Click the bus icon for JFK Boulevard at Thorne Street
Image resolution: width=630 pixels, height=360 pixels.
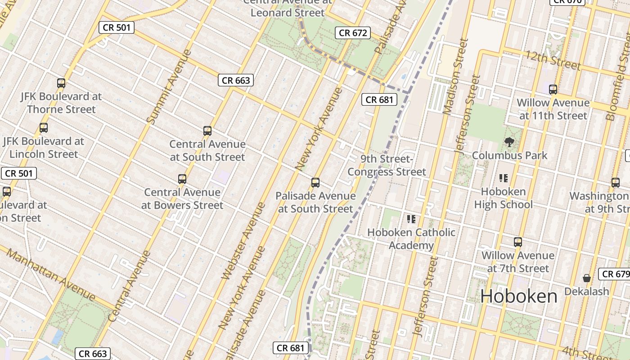(x=61, y=83)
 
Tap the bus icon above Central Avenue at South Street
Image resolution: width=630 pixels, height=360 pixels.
(x=207, y=131)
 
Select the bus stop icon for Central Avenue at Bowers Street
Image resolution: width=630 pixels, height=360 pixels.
(x=182, y=179)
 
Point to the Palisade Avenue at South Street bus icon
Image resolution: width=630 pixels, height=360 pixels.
(x=315, y=183)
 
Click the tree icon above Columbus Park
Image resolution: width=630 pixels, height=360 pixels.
(x=509, y=143)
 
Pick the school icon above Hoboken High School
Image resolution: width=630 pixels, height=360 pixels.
(x=504, y=178)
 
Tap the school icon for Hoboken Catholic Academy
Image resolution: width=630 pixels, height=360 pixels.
(x=411, y=219)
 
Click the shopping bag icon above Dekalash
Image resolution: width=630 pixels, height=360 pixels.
(x=586, y=278)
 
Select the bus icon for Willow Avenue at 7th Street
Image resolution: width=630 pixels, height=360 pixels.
(x=518, y=242)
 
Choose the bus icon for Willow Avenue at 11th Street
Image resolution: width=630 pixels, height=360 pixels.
(x=553, y=90)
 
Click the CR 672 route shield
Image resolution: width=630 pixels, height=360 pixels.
(x=353, y=33)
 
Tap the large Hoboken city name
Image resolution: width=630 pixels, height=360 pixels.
(x=519, y=296)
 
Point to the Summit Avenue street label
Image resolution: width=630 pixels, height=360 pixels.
(x=169, y=87)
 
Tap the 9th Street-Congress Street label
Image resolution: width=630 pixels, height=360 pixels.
(x=387, y=165)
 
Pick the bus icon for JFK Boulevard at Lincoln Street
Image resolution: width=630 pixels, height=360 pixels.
(x=44, y=128)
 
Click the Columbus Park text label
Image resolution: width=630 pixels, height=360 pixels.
(x=509, y=156)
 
